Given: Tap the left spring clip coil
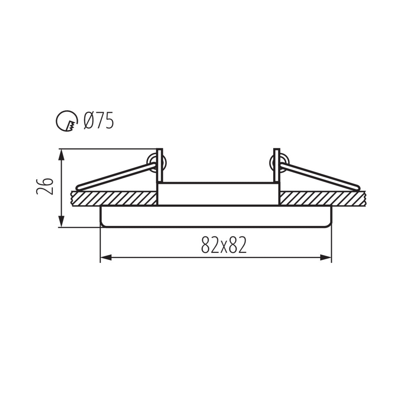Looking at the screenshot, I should click(155, 161).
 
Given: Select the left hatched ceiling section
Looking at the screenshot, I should click(114, 198).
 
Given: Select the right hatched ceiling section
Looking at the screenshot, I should click(322, 198).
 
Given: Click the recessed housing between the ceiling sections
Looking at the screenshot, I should click(218, 194).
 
